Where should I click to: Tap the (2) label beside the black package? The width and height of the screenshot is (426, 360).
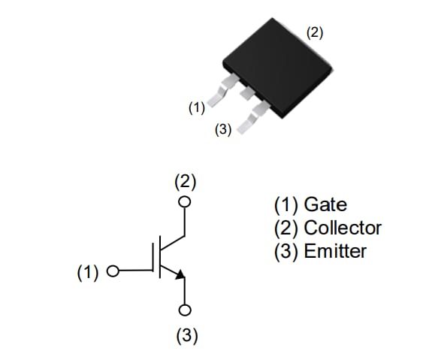(x=315, y=32)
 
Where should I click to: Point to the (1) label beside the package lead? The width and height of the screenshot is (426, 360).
(x=196, y=107)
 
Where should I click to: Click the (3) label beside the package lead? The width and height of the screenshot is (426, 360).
(x=223, y=129)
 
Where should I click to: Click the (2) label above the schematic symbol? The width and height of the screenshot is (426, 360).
(x=185, y=181)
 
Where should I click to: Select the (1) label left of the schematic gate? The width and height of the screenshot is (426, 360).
(x=88, y=272)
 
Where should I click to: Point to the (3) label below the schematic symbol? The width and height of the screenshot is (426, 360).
(x=186, y=335)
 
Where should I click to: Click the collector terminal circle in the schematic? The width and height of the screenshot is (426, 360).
(x=185, y=201)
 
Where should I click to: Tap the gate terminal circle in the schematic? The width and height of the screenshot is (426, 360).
(x=113, y=272)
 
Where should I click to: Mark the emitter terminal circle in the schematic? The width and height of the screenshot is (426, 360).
(x=185, y=310)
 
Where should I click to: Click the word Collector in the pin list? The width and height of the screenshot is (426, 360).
(x=343, y=228)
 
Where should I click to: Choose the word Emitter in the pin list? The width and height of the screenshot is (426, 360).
(x=335, y=251)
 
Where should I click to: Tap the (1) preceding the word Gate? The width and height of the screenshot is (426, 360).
(x=286, y=204)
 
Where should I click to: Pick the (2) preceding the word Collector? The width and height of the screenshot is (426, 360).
(x=286, y=228)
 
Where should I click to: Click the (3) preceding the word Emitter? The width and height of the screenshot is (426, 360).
(x=286, y=251)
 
